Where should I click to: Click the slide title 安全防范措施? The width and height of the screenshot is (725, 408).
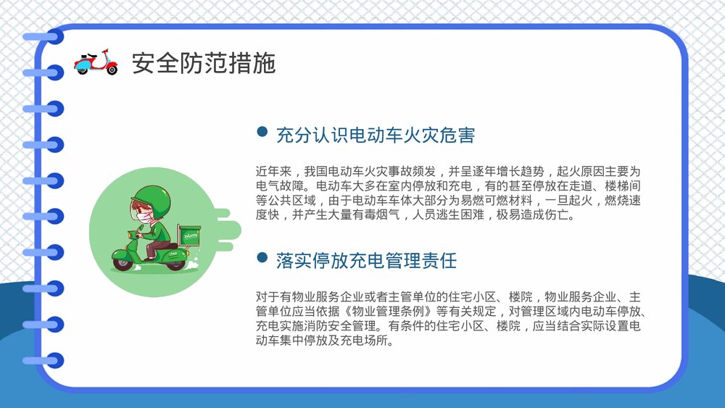pos(204,63)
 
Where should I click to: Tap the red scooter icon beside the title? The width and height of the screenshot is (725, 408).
pos(96,63)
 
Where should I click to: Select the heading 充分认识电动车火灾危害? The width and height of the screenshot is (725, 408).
pos(375,135)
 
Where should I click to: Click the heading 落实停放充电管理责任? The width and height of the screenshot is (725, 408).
pos(366,260)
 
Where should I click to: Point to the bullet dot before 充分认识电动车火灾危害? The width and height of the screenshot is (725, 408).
pos(262,132)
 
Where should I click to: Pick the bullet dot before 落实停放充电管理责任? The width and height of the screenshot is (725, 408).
pos(262,257)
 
